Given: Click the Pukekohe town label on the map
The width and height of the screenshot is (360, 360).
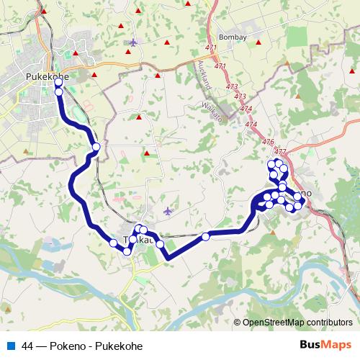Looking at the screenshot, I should [x=47, y=75].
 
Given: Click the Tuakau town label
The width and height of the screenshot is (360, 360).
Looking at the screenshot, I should [x=138, y=240].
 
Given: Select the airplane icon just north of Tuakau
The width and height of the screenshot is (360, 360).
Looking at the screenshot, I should [x=168, y=212].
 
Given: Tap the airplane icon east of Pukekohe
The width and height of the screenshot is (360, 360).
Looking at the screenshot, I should [x=132, y=42].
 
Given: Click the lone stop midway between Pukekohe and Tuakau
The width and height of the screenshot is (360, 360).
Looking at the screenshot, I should [x=95, y=148].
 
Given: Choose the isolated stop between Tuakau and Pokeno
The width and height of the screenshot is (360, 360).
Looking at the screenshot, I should [x=206, y=236].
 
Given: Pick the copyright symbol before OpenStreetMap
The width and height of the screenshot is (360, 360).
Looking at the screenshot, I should [x=238, y=323].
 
